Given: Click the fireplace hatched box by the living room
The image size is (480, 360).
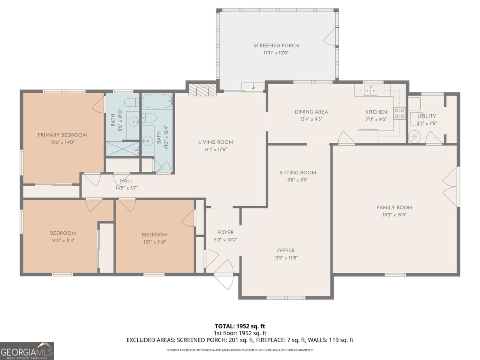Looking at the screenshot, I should tap(202, 90).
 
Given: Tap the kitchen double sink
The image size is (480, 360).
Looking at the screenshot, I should tap(370, 91).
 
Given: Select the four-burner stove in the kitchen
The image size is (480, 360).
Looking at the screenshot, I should tap(399, 113).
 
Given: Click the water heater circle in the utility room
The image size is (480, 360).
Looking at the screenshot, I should tap(414, 137).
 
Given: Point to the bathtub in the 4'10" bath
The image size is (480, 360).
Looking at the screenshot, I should tap(157, 102).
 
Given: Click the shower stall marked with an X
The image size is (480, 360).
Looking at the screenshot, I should tap(122, 148).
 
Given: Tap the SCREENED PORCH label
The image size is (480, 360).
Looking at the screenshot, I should tap(276, 46).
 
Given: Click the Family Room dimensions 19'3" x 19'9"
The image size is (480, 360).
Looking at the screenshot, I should tap(394, 215).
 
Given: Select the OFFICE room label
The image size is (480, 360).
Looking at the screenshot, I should tap(286, 250).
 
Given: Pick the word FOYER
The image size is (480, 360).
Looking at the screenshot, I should tap(225, 232).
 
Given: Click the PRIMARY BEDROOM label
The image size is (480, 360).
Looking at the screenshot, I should tap(62, 135).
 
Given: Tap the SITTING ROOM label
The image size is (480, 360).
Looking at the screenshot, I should tap(298, 172).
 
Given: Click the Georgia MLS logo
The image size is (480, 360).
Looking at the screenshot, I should tap(27, 351).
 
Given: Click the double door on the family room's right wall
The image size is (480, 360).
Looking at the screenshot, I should tap(451, 187).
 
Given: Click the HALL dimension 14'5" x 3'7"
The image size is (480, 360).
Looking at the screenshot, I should tap(126, 187).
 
